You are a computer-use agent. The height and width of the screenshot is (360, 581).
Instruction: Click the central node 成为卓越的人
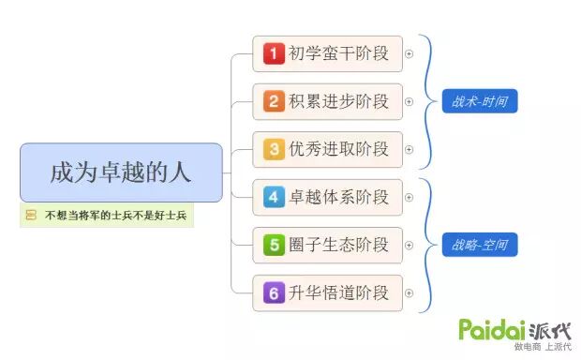pos(121,172)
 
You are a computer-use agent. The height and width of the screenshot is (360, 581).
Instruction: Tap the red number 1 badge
pos(273,54)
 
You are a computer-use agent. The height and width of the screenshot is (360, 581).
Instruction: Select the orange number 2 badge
pos(273,101)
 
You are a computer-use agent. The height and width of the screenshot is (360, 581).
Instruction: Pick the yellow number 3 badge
pos(273,149)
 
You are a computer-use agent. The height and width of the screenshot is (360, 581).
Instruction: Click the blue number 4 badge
pos(273,197)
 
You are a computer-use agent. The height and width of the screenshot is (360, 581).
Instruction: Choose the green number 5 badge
pos(273,246)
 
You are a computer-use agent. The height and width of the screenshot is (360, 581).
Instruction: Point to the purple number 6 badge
pos(273,293)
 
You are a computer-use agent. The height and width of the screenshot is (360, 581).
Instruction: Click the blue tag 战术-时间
pos(480,101)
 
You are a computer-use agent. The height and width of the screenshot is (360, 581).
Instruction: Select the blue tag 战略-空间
pos(480,246)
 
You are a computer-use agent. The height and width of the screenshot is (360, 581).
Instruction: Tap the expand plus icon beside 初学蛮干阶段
pos(409,54)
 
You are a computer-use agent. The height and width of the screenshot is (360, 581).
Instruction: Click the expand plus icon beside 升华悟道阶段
pos(409,293)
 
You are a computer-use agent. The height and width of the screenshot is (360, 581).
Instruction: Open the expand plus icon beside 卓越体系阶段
pos(409,197)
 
